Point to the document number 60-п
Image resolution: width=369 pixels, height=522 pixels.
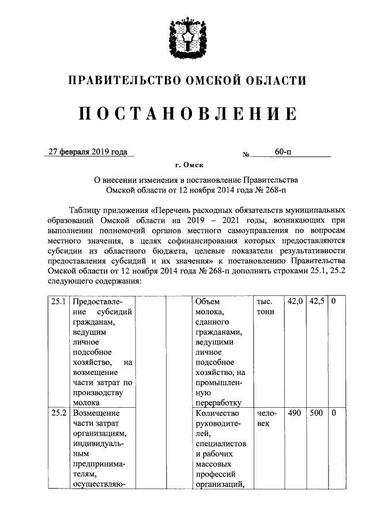(283, 152)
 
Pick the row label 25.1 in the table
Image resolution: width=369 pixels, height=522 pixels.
(58, 302)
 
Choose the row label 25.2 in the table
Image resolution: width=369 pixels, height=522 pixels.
(58, 414)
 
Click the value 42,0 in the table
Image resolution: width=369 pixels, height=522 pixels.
(295, 302)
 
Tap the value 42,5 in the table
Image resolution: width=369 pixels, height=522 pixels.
(317, 302)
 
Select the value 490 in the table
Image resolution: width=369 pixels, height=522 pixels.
(295, 414)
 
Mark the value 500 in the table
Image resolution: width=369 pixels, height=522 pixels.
(317, 414)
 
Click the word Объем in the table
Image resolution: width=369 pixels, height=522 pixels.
(208, 302)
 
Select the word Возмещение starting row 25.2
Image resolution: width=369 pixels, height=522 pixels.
(96, 414)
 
